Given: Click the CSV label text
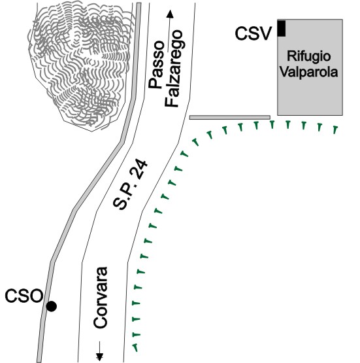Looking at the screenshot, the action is click(x=252, y=33).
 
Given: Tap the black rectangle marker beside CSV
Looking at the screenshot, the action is click(x=282, y=29).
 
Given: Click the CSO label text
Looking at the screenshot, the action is click(x=24, y=296).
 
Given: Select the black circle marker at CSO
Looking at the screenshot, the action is click(x=52, y=306).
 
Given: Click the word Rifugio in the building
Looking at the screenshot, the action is click(x=308, y=57).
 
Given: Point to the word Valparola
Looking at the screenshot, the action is click(x=308, y=72).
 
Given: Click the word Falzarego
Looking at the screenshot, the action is click(x=174, y=69).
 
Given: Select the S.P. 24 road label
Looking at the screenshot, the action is click(x=130, y=184).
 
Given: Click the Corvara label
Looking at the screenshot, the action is click(x=101, y=298).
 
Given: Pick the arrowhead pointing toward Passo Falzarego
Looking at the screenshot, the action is click(x=170, y=14).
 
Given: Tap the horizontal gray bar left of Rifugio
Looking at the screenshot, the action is click(x=230, y=117).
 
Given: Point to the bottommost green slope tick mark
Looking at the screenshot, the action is click(x=135, y=347).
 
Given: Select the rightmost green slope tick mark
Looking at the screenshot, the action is click(x=335, y=130).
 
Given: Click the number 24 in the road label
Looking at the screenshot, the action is click(x=139, y=169).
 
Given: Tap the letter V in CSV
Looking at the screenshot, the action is click(x=264, y=33).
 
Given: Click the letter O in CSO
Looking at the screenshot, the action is click(x=37, y=296).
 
